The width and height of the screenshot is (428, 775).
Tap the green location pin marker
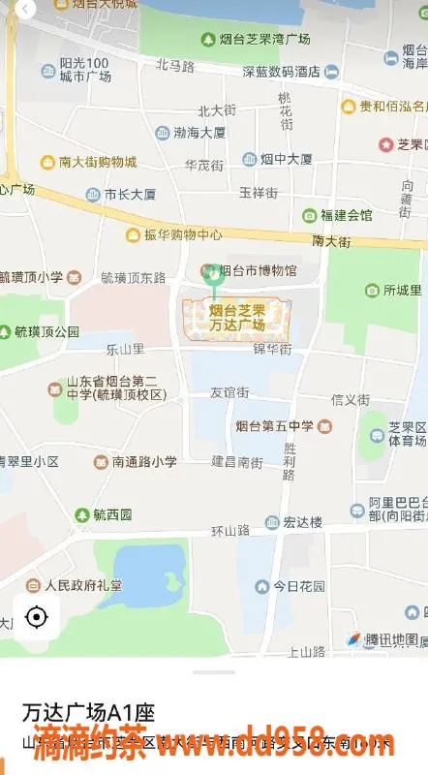coord(214,275)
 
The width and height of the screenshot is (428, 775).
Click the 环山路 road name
coord(230,531)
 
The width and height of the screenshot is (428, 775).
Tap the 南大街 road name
coord(330,238)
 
